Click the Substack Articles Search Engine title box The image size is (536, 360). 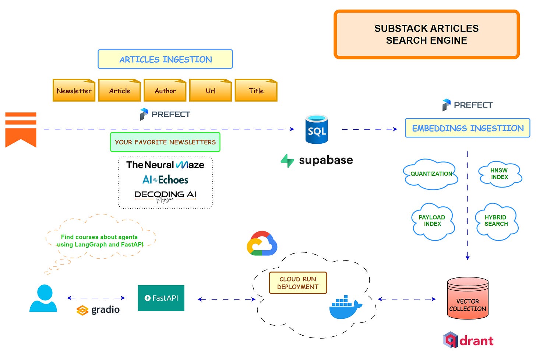[x=426, y=34]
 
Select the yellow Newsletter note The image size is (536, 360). [x=74, y=90]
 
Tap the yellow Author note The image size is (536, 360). [x=165, y=90]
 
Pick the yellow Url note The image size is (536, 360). [x=211, y=90]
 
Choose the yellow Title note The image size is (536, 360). [x=256, y=90]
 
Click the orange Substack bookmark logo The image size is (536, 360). [x=21, y=130]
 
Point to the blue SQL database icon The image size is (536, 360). [x=317, y=129]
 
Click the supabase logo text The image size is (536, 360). [x=325, y=160]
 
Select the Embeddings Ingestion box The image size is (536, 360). [x=468, y=128]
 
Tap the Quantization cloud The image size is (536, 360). [x=431, y=174]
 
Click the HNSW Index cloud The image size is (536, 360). [x=500, y=174]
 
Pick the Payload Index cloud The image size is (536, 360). [x=432, y=221]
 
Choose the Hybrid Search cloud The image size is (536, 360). [x=496, y=221]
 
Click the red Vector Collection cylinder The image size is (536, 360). [x=468, y=298]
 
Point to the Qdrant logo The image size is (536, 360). [x=468, y=340]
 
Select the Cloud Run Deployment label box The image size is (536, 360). [x=298, y=283]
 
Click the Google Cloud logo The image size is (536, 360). [x=262, y=244]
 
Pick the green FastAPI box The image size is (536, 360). [x=161, y=298]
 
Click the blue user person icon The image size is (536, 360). [x=43, y=298]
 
